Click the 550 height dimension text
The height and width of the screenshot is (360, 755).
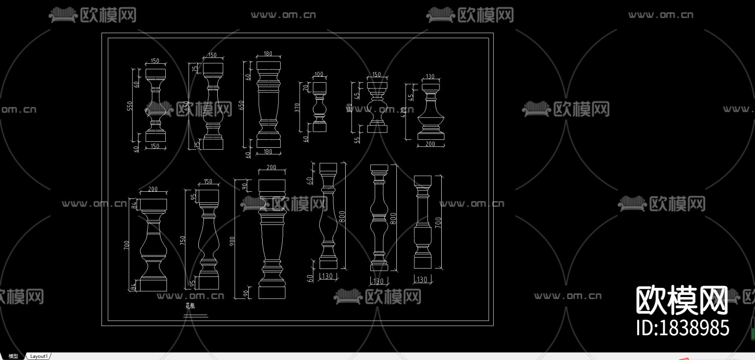[130, 106]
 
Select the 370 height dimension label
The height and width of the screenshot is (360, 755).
[297, 107]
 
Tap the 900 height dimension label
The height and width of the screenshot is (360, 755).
[232, 241]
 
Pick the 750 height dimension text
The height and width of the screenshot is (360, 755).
[182, 240]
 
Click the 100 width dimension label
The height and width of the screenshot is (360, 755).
[319, 74]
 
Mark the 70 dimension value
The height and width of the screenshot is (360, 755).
[305, 87]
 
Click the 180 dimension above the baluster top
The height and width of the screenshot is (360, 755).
[268, 54]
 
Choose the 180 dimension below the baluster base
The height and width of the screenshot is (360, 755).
[268, 151]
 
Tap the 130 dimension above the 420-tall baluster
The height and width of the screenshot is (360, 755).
[430, 76]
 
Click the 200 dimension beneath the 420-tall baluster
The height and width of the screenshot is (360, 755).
[430, 144]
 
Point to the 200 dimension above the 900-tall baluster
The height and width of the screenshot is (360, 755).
[271, 167]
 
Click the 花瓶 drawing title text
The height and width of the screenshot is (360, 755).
[190, 306]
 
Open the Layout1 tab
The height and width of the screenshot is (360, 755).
[39, 356]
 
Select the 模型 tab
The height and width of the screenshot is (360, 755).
[13, 356]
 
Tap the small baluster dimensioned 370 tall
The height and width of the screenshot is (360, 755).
[320, 107]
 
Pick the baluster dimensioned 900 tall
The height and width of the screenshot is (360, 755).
[272, 239]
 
